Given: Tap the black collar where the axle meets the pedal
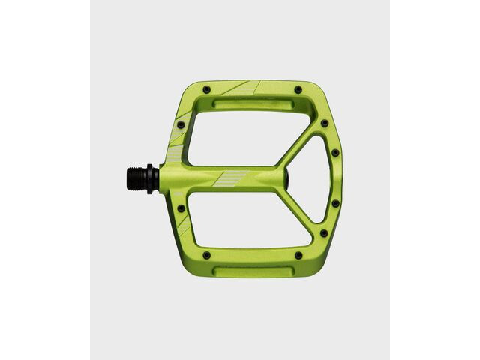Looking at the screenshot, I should pos(153,178).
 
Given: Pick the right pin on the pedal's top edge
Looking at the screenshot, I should pos(298,90).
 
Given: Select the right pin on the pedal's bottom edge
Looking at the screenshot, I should pos(298,256).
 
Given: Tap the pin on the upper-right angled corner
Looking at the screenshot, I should pos(324,124).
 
